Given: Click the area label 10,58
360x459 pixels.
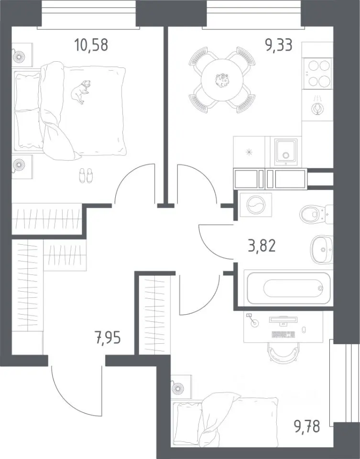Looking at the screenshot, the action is click(91, 45).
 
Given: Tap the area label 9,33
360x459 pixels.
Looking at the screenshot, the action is click(279, 45).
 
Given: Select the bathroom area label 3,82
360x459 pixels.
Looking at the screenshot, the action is click(262, 246).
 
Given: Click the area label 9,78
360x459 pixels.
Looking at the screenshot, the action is click(307, 426).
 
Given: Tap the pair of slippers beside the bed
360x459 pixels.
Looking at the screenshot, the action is click(86, 175).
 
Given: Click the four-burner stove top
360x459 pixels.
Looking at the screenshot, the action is click(317, 74).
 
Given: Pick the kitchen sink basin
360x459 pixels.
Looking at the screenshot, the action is click(286, 152).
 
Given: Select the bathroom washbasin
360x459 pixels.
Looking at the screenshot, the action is click(322, 250).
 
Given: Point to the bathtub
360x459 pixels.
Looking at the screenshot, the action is click(289, 288).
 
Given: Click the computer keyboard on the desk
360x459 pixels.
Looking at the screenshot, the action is click(284, 334).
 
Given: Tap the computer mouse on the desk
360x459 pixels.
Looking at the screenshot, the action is click(304, 329).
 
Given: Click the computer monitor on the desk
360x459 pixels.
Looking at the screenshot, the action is click(284, 320).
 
